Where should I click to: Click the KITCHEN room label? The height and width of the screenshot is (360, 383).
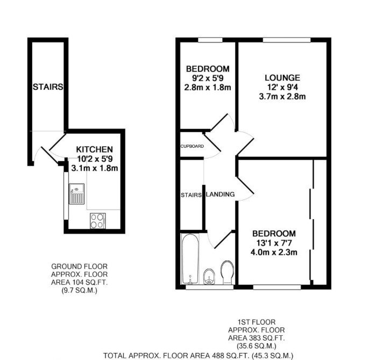[x=95, y=149]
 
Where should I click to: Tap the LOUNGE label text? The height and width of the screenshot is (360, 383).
[x=282, y=78]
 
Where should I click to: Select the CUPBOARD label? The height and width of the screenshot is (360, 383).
[x=192, y=146]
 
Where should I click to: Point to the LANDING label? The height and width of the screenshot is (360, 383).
[x=221, y=195]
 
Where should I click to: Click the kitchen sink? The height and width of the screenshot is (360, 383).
[x=77, y=194]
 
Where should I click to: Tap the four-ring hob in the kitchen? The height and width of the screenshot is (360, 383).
[x=98, y=221]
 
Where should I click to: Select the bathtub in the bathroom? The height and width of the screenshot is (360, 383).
[x=190, y=259]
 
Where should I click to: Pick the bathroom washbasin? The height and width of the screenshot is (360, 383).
[x=209, y=277]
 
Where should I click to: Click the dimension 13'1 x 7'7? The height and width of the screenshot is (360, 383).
[x=274, y=243]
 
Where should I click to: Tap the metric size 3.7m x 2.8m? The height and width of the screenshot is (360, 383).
[x=282, y=97]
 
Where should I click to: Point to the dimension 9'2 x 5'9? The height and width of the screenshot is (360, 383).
[x=208, y=78]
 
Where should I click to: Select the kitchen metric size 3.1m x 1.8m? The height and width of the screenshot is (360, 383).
[x=95, y=168]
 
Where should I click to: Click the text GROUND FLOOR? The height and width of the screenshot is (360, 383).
[x=80, y=267]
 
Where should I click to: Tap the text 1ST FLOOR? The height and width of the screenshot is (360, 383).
[x=257, y=322]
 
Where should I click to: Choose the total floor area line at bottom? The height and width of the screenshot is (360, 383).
[x=198, y=356]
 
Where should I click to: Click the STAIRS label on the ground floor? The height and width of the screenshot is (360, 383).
[x=48, y=87]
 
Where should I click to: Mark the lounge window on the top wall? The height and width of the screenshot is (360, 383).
[x=287, y=40]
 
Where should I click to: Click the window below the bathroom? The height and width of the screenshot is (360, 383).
[x=210, y=287]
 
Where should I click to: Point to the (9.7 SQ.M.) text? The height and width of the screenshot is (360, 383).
[x=80, y=291]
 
